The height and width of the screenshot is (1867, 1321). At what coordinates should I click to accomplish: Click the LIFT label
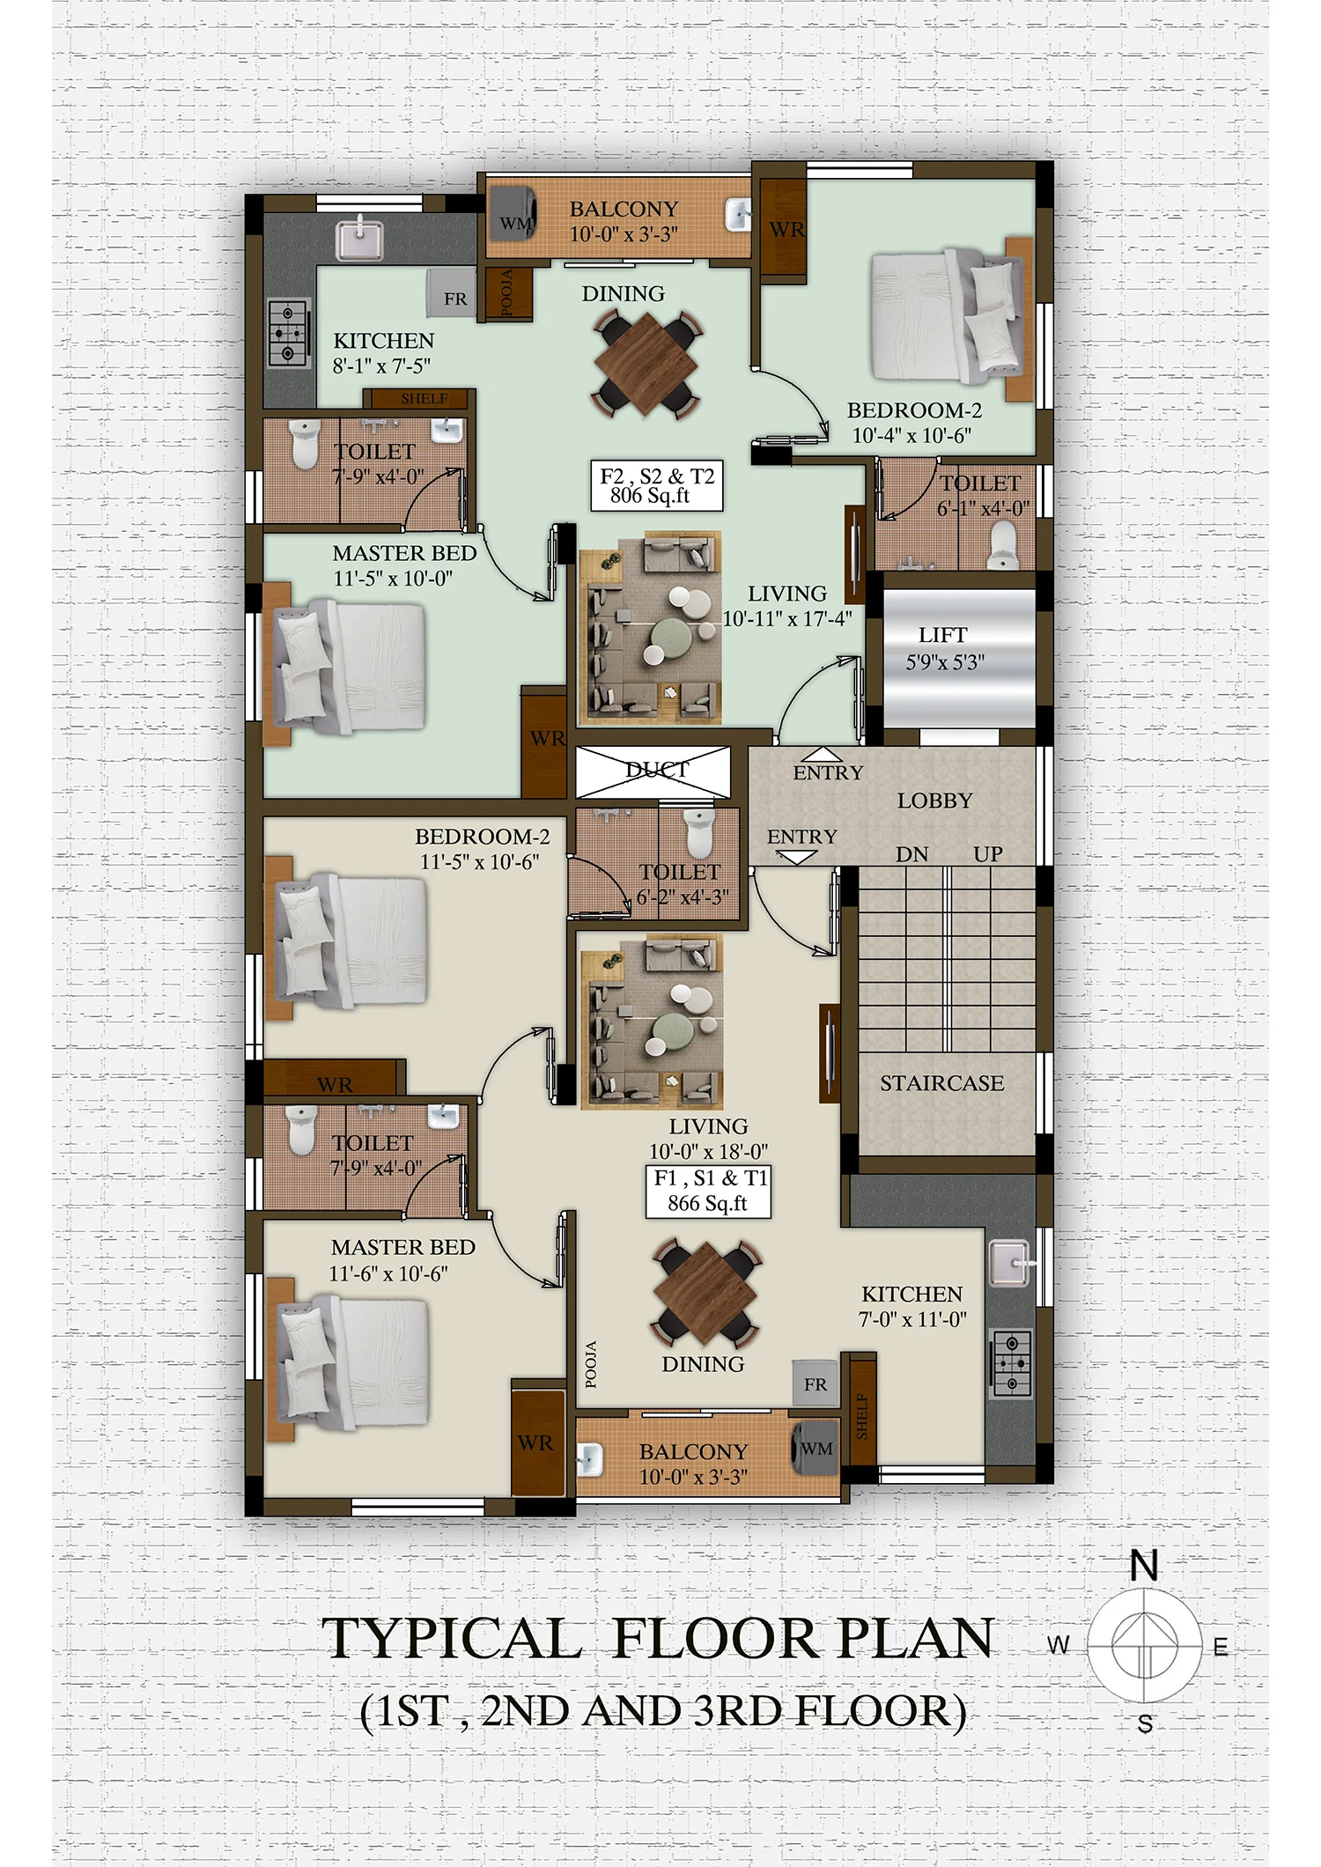[x=942, y=635]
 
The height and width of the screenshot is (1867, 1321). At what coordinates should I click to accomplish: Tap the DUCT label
[x=657, y=770]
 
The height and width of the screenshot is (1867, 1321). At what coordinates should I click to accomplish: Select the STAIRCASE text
[x=941, y=1083]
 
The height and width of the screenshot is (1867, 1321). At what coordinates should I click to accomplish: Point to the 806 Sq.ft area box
[x=657, y=485]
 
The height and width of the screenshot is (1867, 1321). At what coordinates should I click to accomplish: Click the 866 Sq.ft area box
[x=709, y=1192]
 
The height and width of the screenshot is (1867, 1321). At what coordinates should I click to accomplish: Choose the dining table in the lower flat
[x=705, y=1293]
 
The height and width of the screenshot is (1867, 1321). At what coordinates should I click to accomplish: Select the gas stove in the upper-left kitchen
[x=289, y=334]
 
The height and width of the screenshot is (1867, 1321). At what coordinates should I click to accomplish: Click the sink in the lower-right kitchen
[x=1010, y=1264]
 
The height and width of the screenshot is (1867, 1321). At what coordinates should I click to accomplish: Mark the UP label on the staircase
[x=988, y=854]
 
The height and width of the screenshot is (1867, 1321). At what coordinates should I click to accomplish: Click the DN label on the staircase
[x=912, y=854]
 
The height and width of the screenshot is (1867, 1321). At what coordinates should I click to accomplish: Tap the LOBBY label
[x=934, y=801]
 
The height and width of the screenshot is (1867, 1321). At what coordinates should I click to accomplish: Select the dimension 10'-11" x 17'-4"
[x=787, y=619]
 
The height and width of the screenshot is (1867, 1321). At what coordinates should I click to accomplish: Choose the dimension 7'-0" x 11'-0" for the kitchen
[x=912, y=1319]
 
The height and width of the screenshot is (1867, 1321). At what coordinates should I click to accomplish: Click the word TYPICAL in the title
[x=451, y=1639]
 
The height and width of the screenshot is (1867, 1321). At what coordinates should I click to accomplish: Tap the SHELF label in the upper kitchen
[x=424, y=399]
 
